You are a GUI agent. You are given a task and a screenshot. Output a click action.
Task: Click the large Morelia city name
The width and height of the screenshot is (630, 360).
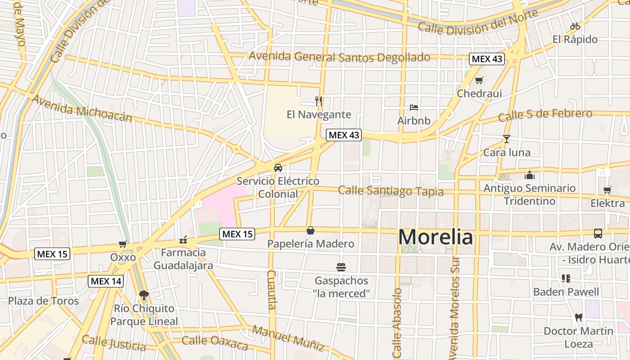(436, 237)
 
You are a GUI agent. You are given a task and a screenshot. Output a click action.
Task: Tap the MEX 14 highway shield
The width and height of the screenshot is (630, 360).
(106, 281)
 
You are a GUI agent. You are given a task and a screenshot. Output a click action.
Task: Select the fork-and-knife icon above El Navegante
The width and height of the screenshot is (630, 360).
(319, 101)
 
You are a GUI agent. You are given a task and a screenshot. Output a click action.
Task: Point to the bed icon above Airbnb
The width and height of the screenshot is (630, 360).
(414, 107)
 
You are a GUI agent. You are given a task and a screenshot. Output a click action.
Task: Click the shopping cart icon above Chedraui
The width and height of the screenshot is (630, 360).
(479, 80)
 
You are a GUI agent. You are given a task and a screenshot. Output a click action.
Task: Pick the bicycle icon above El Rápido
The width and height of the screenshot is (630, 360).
(575, 26)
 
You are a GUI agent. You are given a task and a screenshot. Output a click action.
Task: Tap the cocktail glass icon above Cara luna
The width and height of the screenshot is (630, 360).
(507, 139)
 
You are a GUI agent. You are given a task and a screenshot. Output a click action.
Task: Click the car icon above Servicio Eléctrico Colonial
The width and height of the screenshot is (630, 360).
(278, 168)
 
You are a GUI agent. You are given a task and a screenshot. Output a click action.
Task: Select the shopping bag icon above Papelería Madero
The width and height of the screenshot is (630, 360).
(310, 231)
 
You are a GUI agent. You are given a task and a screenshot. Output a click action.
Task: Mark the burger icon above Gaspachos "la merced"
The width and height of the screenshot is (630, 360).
(341, 267)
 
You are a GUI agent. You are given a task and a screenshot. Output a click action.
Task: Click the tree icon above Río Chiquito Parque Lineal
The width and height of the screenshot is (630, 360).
(144, 295)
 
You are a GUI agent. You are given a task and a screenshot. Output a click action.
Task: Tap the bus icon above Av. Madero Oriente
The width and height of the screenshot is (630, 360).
(598, 233)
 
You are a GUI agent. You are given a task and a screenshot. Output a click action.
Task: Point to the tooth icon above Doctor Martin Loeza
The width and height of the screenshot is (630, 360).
(579, 317)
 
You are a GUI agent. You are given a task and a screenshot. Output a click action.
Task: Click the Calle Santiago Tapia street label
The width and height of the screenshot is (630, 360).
(391, 191)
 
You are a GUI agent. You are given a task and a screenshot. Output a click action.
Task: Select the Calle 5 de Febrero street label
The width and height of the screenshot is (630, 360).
(545, 115)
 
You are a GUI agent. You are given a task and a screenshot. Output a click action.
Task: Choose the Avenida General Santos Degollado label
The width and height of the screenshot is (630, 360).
(339, 57)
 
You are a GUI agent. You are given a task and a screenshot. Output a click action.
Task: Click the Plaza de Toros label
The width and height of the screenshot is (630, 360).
(44, 301)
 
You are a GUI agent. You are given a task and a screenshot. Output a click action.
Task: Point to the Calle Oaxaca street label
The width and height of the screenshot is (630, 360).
(215, 343)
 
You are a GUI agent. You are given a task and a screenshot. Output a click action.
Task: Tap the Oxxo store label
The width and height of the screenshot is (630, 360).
(123, 257)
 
